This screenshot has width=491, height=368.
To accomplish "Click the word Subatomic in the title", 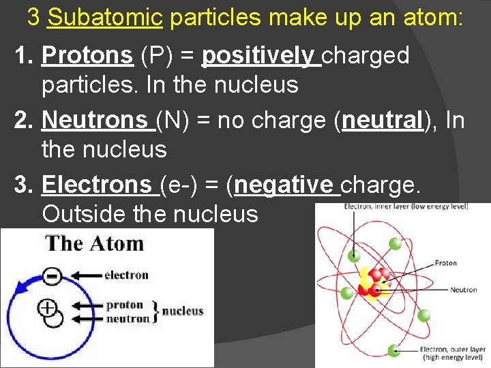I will tap(105, 18).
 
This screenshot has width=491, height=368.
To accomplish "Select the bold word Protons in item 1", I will tap(87, 57).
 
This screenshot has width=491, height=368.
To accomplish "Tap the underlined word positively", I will tap(261, 57).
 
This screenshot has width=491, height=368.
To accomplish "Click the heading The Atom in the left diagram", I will tap(94, 244).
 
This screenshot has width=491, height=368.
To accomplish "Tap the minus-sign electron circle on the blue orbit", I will tap(53, 276).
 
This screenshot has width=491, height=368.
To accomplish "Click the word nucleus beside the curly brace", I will tap(182, 311).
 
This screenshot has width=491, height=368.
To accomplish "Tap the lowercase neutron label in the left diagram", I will tap(128, 319).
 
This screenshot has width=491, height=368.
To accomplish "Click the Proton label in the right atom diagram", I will tap(445, 263).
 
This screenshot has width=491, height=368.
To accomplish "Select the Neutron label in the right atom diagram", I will tap(463, 290).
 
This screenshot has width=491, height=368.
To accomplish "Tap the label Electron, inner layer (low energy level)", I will tap(405, 206).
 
